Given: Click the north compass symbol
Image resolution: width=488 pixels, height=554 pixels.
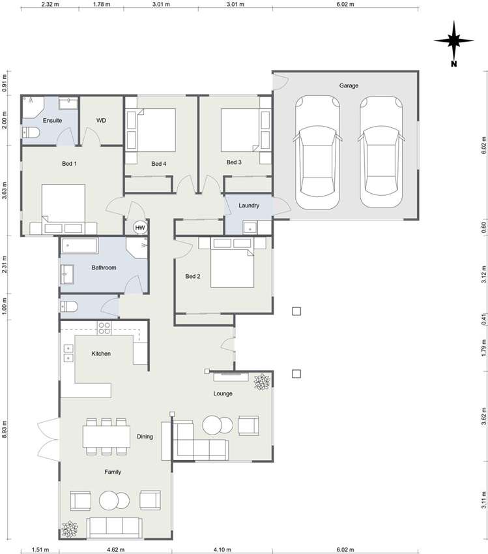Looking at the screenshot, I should click(454, 41).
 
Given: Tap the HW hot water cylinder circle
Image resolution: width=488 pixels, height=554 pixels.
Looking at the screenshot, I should click(139, 227).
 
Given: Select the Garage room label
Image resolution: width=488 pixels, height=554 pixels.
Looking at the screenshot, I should click(348, 85).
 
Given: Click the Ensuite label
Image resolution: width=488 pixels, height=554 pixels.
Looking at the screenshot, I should click(52, 121).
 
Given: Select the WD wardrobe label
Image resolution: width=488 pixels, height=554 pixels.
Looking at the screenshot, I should click(101, 121).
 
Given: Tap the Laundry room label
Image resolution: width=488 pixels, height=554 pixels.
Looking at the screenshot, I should click(249, 206).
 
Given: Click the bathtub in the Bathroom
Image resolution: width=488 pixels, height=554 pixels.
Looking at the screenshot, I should click(79, 247).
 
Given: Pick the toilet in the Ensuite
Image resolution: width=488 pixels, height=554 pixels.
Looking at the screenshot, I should click(31, 133).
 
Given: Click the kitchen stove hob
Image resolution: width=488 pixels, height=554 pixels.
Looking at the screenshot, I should click(104, 328).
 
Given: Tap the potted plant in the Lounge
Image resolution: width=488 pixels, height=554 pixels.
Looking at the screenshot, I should click(263, 382).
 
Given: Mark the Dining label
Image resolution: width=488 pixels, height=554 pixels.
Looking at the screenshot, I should click(145, 437).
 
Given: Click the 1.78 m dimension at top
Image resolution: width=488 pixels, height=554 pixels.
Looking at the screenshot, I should click(100, 4).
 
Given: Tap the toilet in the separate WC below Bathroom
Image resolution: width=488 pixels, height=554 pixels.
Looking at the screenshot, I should click(70, 307).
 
